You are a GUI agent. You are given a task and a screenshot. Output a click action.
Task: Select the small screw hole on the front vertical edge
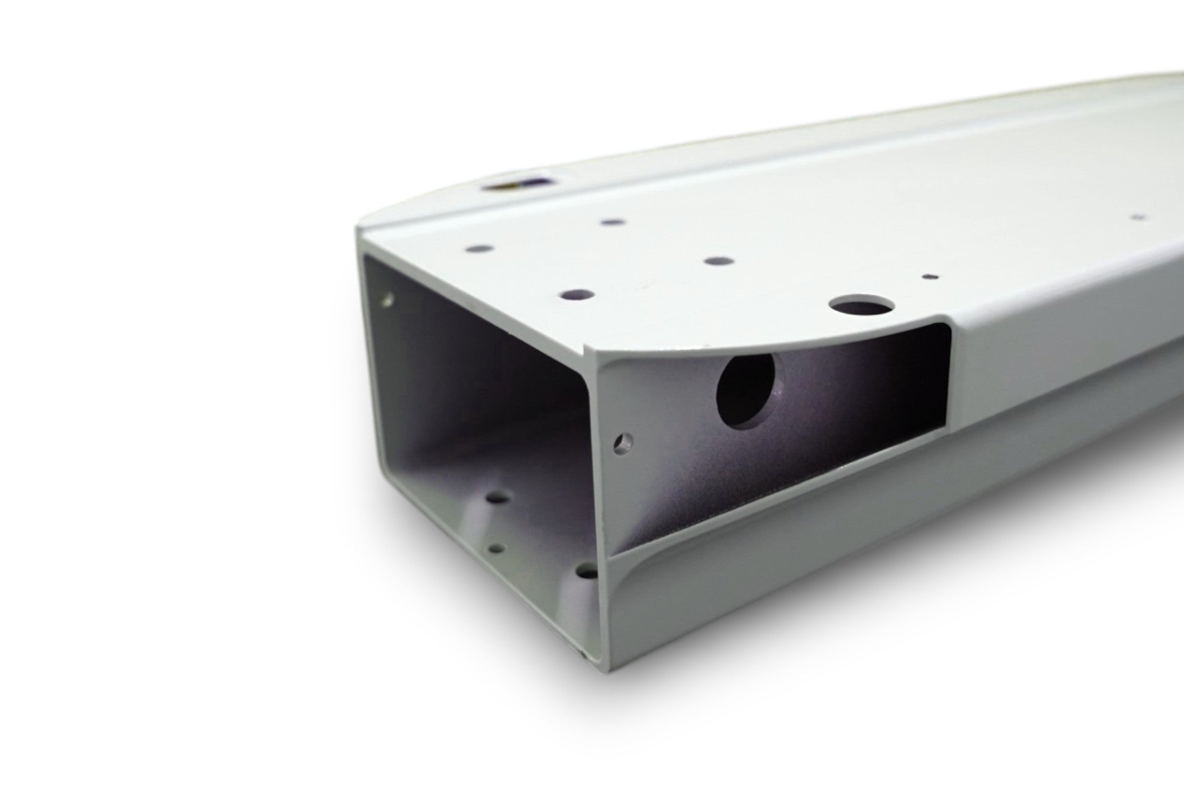623,441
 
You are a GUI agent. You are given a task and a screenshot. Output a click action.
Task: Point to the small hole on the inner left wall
388,298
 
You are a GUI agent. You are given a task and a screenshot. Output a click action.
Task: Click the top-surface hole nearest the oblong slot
612,223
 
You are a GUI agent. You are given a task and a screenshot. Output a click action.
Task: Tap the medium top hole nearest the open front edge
577,293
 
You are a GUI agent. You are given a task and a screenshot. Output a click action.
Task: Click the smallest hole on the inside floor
498,549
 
